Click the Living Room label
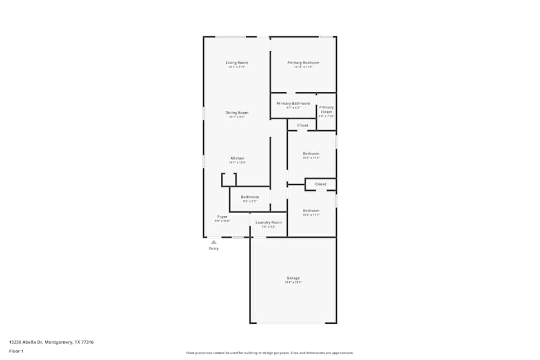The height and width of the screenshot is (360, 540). tap(237, 63)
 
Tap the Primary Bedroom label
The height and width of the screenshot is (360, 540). tap(303, 63)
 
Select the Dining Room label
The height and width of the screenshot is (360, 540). tap(237, 113)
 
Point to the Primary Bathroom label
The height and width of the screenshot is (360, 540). tap(293, 104)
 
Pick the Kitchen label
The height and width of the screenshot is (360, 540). tap(237, 158)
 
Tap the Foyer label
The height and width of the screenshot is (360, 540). tap(222, 216)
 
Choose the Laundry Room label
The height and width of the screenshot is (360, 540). tap(268, 222)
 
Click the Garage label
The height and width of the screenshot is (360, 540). tap(293, 278)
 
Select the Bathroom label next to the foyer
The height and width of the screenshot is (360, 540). tap(249, 197)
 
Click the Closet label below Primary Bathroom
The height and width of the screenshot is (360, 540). tap(303, 125)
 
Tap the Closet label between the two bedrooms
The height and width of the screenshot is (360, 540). tap(321, 184)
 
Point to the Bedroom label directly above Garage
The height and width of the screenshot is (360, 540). tap(311, 210)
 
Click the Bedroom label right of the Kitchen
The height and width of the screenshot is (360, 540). tap(311, 153)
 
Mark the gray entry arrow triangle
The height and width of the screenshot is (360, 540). tap(214, 242)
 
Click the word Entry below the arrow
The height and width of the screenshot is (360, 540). tap(214, 248)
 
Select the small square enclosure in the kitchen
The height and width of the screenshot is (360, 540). tap(229, 180)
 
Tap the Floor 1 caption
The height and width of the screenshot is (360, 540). tap(16, 351)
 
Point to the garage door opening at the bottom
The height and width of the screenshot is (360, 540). tap(291, 323)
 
